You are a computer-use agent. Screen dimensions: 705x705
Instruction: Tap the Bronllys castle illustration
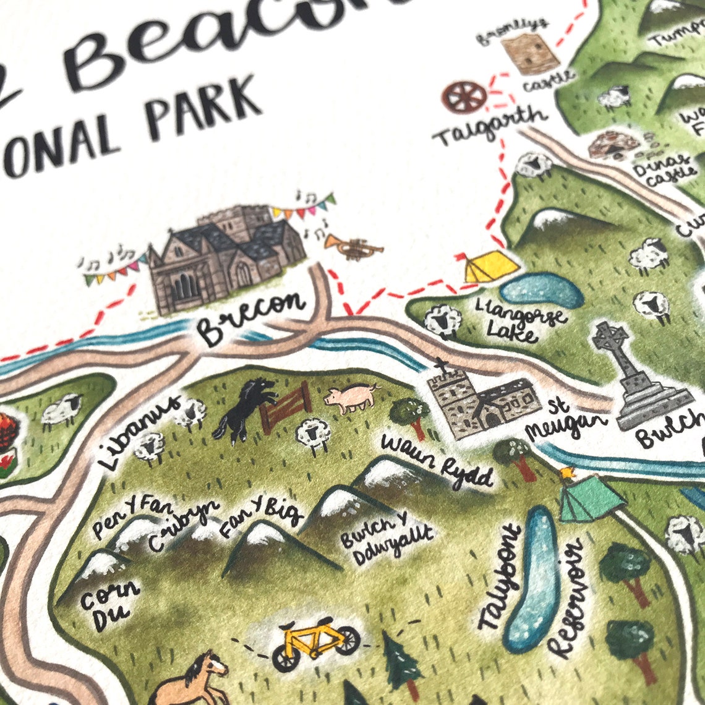point(529,53)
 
